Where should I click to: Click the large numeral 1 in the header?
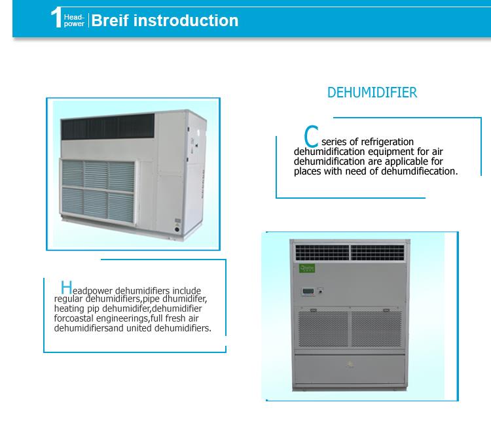coord(56,19)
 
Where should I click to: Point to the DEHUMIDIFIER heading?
coord(372,92)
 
